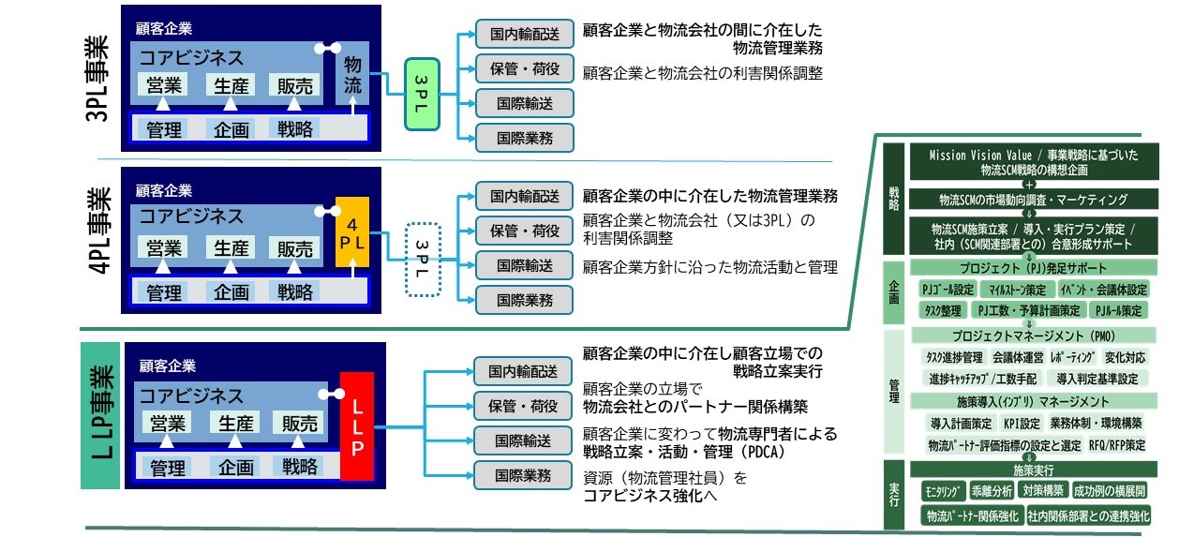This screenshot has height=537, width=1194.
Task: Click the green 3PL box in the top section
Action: tap(422, 95)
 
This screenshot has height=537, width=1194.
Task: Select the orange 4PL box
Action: tap(351, 231)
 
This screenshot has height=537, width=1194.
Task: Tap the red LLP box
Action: tap(356, 426)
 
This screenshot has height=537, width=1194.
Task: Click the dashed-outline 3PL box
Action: tap(423, 260)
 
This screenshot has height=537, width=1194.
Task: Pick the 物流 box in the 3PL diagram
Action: tap(351, 74)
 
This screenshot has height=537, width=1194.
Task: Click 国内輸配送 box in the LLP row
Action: tap(523, 372)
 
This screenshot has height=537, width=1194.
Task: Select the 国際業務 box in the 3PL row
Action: tap(525, 138)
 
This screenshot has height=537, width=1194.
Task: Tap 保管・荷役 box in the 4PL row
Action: tap(525, 231)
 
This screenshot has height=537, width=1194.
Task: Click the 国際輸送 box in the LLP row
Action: tap(523, 441)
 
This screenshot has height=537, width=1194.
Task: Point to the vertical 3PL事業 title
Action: tap(97, 79)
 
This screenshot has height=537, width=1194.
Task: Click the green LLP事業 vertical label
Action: tap(100, 415)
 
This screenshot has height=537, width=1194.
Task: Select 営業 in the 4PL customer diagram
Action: tap(164, 248)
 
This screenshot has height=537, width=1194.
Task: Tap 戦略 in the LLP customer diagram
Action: tap(300, 467)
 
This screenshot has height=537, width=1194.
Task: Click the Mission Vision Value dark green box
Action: tap(1034, 162)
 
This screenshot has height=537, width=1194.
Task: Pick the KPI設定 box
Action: tap(1022, 424)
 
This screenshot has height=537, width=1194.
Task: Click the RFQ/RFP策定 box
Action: tap(1117, 445)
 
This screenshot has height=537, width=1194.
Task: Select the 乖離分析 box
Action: tap(992, 491)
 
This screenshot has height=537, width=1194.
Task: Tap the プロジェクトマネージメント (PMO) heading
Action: tap(1034, 336)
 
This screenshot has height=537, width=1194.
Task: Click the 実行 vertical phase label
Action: tap(894, 495)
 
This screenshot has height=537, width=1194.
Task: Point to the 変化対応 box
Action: tap(1125, 357)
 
